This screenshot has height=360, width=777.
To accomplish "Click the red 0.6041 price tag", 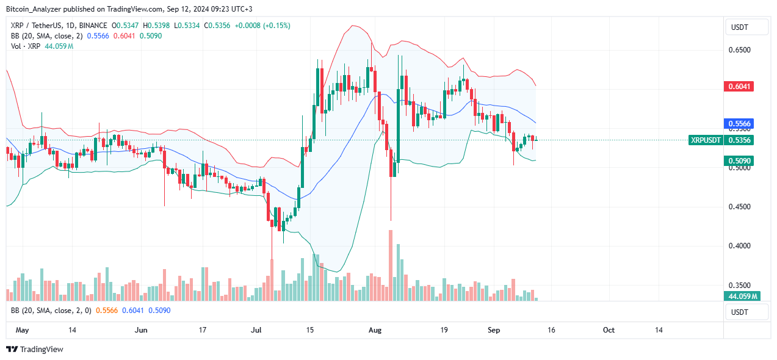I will point(740,87).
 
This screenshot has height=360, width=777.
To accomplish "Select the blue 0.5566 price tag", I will point(740,123).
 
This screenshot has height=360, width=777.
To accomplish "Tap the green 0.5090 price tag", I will point(740,160).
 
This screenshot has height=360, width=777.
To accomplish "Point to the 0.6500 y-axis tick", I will point(740,50).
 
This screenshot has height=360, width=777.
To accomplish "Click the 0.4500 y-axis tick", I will point(740,207).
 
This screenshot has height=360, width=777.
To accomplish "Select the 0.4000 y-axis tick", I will point(740,246).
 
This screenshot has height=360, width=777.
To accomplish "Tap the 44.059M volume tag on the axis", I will point(740,297).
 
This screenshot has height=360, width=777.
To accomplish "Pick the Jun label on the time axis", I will point(141,330).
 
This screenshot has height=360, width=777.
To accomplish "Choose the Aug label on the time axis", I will point(375,330).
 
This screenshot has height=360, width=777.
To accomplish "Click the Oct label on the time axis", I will point(609,330).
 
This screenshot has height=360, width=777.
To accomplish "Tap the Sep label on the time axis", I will point(494,330).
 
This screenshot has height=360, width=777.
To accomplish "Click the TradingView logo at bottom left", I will point(35,350).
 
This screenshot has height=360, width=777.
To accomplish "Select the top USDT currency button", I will point(745,27).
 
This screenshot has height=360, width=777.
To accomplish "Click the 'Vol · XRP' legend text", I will point(25,46).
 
